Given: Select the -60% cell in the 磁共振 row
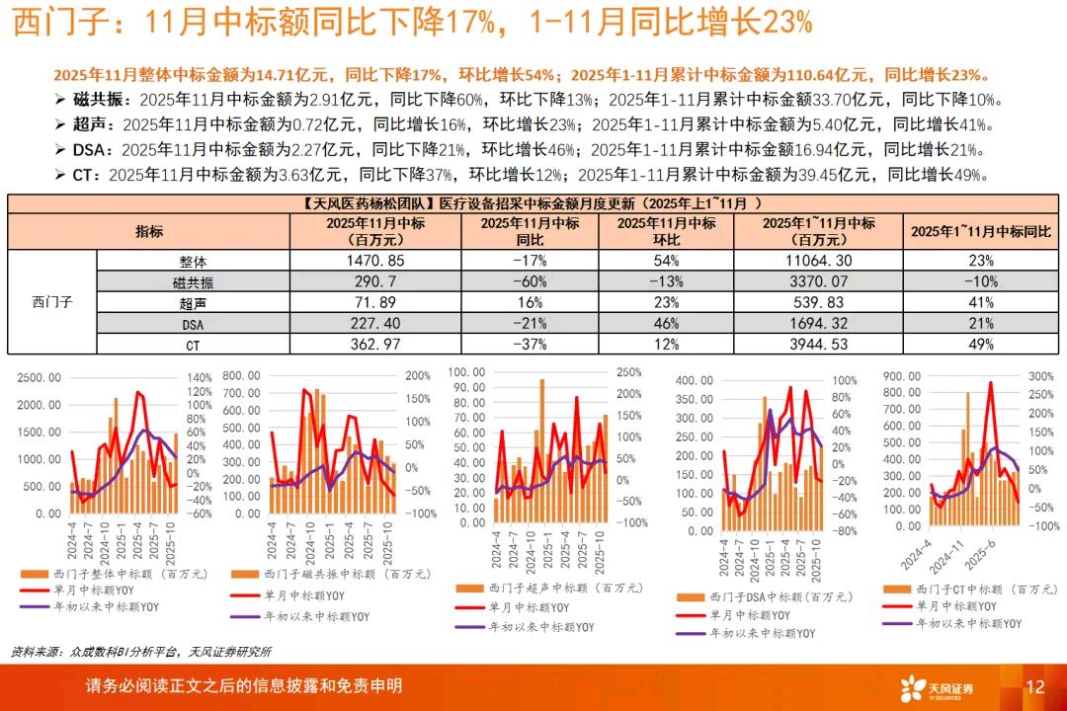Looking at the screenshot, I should (x=530, y=282).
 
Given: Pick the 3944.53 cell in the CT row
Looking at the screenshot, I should (x=819, y=344).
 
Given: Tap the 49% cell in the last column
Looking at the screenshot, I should (x=981, y=344).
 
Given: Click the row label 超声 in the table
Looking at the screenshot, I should (x=192, y=302).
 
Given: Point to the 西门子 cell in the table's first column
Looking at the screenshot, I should (x=52, y=302).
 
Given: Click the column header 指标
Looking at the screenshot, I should (x=149, y=232).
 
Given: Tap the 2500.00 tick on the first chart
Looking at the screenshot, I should (x=40, y=378).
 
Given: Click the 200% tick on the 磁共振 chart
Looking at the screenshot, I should (x=418, y=376).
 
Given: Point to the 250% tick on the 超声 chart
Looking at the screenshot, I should (x=629, y=372).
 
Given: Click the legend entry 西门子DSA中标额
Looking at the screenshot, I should (x=755, y=597).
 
